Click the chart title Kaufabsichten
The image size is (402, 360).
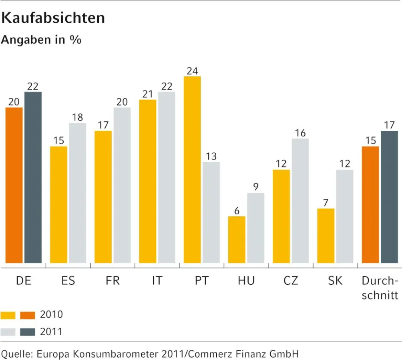pyautogui.click(x=53, y=18)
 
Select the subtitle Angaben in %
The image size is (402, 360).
pyautogui.click(x=41, y=40)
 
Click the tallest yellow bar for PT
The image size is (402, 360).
pyautogui.click(x=192, y=170)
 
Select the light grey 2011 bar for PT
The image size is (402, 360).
pyautogui.click(x=211, y=212)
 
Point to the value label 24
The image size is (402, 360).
pyautogui.click(x=192, y=71)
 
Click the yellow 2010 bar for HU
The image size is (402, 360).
pyautogui.click(x=237, y=240)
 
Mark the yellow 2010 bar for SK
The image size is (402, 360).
pyautogui.click(x=326, y=236)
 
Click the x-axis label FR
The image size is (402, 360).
pyautogui.click(x=113, y=281)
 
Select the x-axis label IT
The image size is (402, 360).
pyautogui.click(x=157, y=281)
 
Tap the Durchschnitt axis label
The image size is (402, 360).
pyautogui.click(x=380, y=288)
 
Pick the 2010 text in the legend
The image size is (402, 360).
pyautogui.click(x=51, y=315)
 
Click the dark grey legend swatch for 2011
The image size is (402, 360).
pyautogui.click(x=27, y=332)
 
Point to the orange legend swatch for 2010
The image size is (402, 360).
pyautogui.click(x=27, y=315)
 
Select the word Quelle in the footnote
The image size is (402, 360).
pyautogui.click(x=16, y=354)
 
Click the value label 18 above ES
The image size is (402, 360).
pyautogui.click(x=77, y=118)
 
